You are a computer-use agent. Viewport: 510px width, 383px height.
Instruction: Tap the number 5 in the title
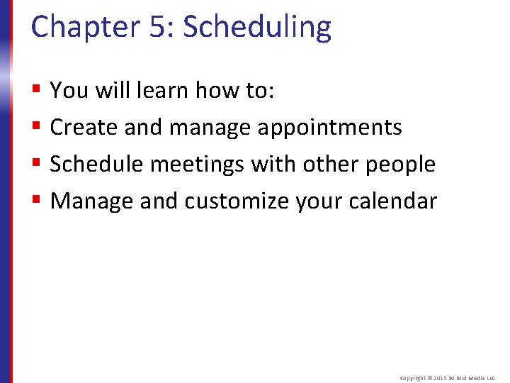[157, 27]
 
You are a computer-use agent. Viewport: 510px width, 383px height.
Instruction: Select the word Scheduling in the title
[257, 27]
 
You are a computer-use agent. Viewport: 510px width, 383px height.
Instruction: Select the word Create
[84, 127]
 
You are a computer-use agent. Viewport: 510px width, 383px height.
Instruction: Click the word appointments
[329, 127]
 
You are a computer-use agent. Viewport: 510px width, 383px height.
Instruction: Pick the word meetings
[198, 164]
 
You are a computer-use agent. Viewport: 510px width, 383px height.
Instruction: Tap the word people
[400, 164]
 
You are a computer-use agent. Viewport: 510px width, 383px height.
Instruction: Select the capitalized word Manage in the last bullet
[92, 201]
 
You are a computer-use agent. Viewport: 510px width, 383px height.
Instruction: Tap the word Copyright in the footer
[414, 379]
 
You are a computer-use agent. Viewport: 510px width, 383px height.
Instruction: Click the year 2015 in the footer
[444, 379]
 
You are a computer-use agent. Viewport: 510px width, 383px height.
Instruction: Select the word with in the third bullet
[277, 164]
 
